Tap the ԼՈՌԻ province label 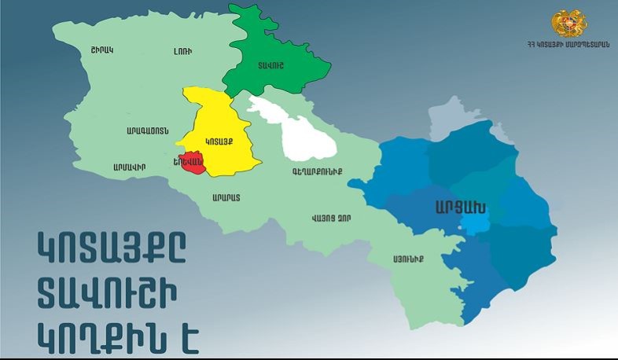point(182,51)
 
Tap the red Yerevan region point(191,163)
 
